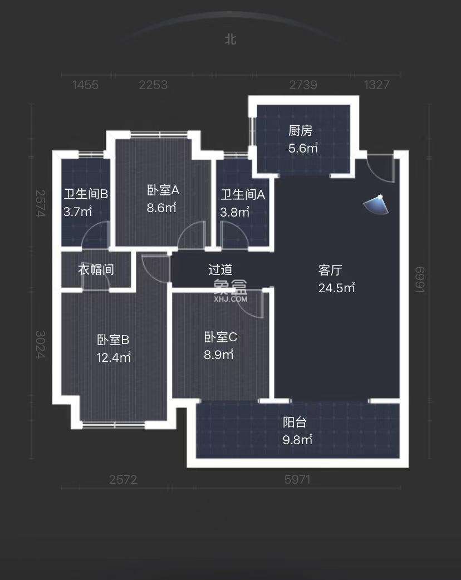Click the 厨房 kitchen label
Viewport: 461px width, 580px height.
pos(300,131)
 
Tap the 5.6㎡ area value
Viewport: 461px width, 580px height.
pos(303,148)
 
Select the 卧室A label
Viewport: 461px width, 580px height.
pos(163,190)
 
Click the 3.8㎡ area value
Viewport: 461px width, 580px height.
pos(235,212)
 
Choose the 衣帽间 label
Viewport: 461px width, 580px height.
pos(96,270)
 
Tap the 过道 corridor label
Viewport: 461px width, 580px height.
pos(220,270)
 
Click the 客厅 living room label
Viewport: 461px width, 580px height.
pos(330,271)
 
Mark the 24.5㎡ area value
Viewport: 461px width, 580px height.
pos(336,288)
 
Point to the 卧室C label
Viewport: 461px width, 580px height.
pos(221,337)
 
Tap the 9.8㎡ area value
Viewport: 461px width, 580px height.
pos(297,440)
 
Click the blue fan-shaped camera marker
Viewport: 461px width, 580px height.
pos(376,205)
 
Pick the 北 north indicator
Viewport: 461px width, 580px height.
pos(230,39)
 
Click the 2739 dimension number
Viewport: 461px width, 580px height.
pos(303,85)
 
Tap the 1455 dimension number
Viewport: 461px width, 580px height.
pos(85,85)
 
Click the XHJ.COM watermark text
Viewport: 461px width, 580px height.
pos(230,299)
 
